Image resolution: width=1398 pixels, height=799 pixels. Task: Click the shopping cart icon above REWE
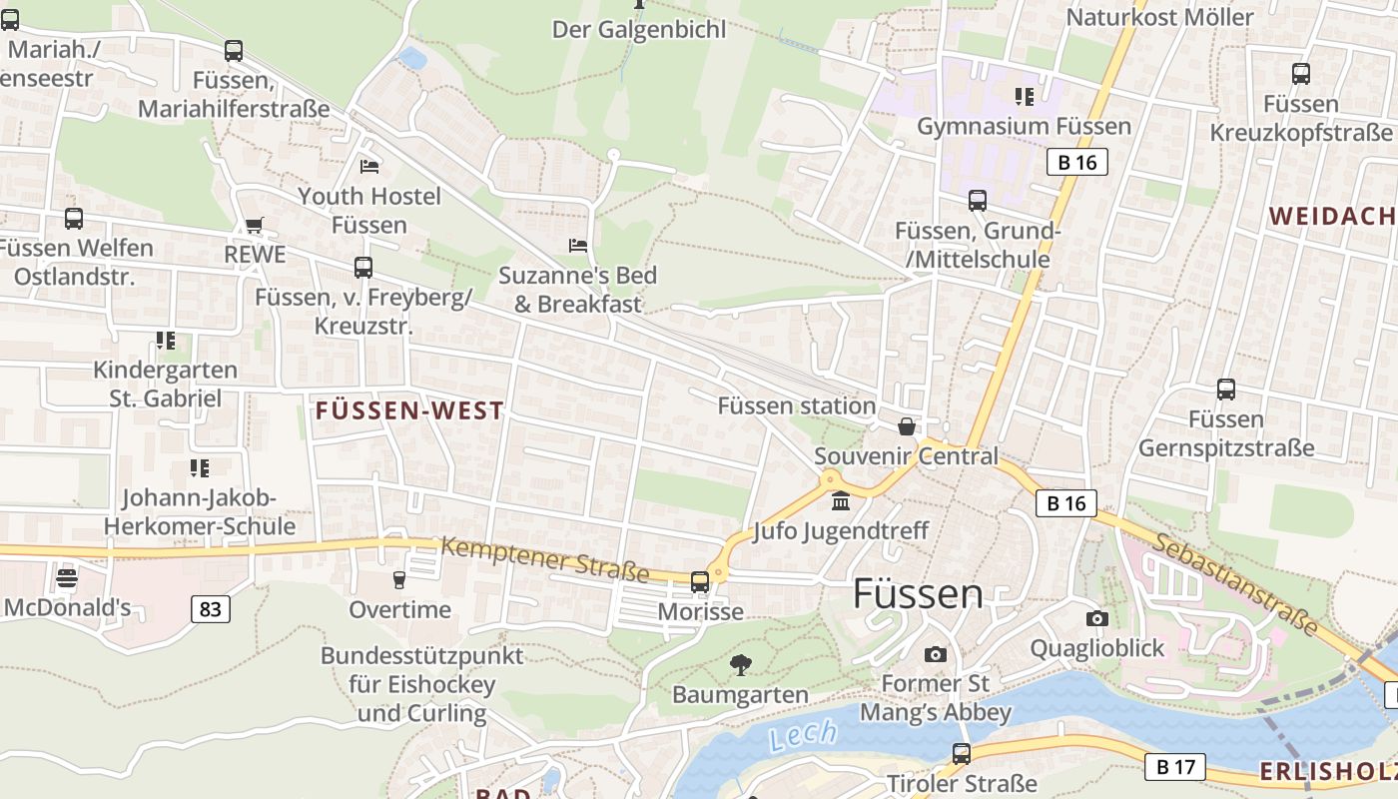254,226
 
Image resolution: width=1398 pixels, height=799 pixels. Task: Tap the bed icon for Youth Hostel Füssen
369,166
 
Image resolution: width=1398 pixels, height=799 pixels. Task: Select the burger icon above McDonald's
67,578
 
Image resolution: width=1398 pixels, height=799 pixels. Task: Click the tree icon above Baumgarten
740,664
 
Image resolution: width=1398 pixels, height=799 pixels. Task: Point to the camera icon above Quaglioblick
1097,618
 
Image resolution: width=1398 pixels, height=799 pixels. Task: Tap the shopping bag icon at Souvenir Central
907,426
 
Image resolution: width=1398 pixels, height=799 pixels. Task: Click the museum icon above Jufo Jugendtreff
841,500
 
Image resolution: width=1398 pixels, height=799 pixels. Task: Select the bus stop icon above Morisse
700,581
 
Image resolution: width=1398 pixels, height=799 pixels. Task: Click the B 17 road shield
1174,767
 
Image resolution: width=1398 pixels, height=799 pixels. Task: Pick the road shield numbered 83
210,608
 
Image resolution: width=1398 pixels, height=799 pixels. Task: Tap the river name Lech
804,736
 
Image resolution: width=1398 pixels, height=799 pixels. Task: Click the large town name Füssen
918,594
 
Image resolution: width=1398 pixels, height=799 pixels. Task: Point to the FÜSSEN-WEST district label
409,410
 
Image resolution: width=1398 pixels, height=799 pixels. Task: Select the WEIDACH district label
1332,216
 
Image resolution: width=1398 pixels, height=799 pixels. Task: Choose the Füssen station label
797,405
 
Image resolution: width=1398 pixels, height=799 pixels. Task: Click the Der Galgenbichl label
639,30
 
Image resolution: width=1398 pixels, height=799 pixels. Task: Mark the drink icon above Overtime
399,579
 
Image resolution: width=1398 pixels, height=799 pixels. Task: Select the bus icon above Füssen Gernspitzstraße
1226,390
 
